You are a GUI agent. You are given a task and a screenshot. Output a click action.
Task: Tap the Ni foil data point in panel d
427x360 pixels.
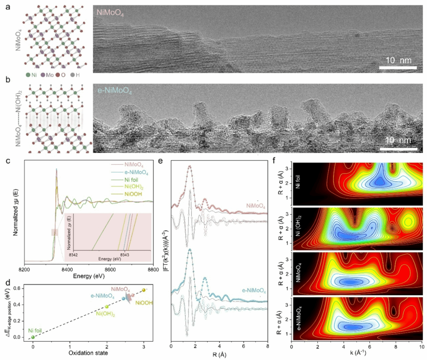tap(33, 337)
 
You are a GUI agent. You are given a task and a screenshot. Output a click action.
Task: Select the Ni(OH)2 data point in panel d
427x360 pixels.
tap(107, 307)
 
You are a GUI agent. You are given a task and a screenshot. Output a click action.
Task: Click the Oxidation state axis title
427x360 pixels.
tap(89, 353)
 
